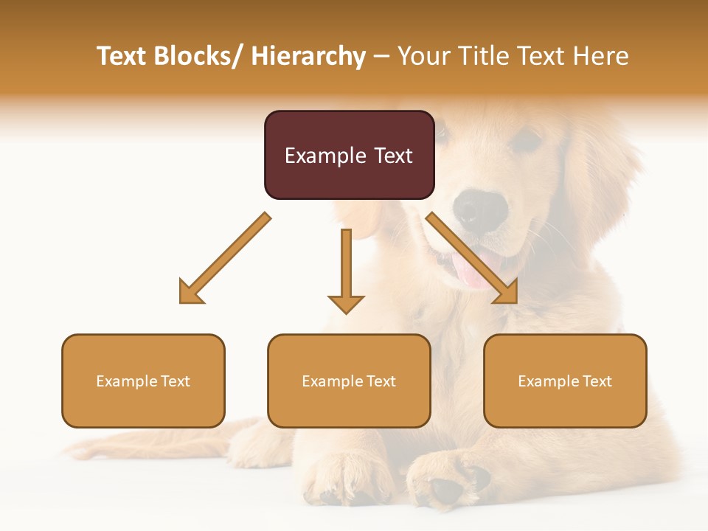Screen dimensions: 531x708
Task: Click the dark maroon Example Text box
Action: pos(349,155)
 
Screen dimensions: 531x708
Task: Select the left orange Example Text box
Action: pos(143,381)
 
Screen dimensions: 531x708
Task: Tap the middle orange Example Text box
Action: pos(349,381)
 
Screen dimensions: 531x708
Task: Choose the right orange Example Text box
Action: pos(565,381)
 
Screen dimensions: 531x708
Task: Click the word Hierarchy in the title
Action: pos(308,56)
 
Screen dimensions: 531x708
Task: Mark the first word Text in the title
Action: pos(122,56)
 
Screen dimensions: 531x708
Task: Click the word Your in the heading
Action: pos(422,56)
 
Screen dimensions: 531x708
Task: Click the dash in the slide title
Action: pos(381,57)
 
